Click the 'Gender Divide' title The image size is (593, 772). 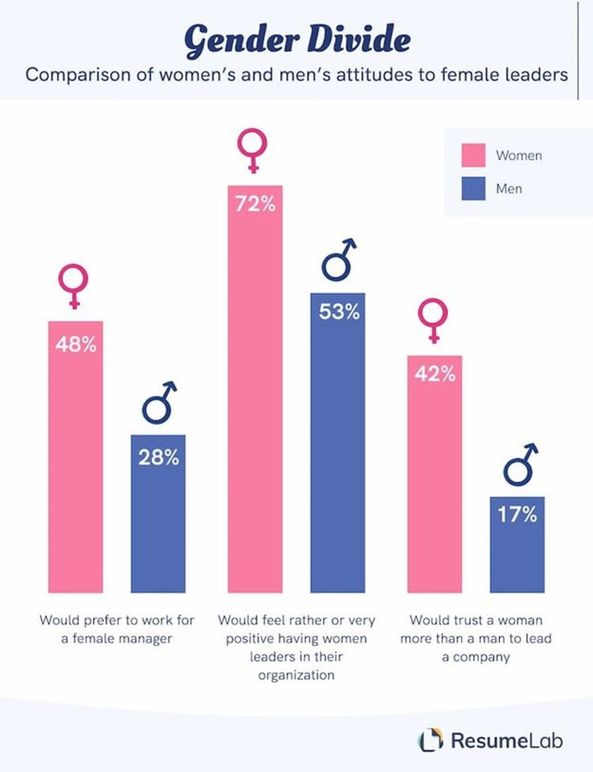tap(297, 40)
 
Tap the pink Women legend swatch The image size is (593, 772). tap(473, 155)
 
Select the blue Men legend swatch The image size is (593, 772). tap(473, 188)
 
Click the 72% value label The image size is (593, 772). tap(255, 204)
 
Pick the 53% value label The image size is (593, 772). tap(338, 312)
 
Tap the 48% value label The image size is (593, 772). tap(75, 344)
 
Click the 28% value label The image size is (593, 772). tap(158, 458)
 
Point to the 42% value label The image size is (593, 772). tap(434, 374)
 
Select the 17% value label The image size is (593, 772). tap(517, 514)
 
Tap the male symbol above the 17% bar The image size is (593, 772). tap(520, 464)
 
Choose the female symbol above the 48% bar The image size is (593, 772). tap(73, 286)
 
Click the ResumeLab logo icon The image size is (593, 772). tap(430, 739)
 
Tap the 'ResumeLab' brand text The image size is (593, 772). tap(506, 740)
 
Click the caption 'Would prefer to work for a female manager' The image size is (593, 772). tap(117, 629)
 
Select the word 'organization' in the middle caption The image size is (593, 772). tap(296, 675)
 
